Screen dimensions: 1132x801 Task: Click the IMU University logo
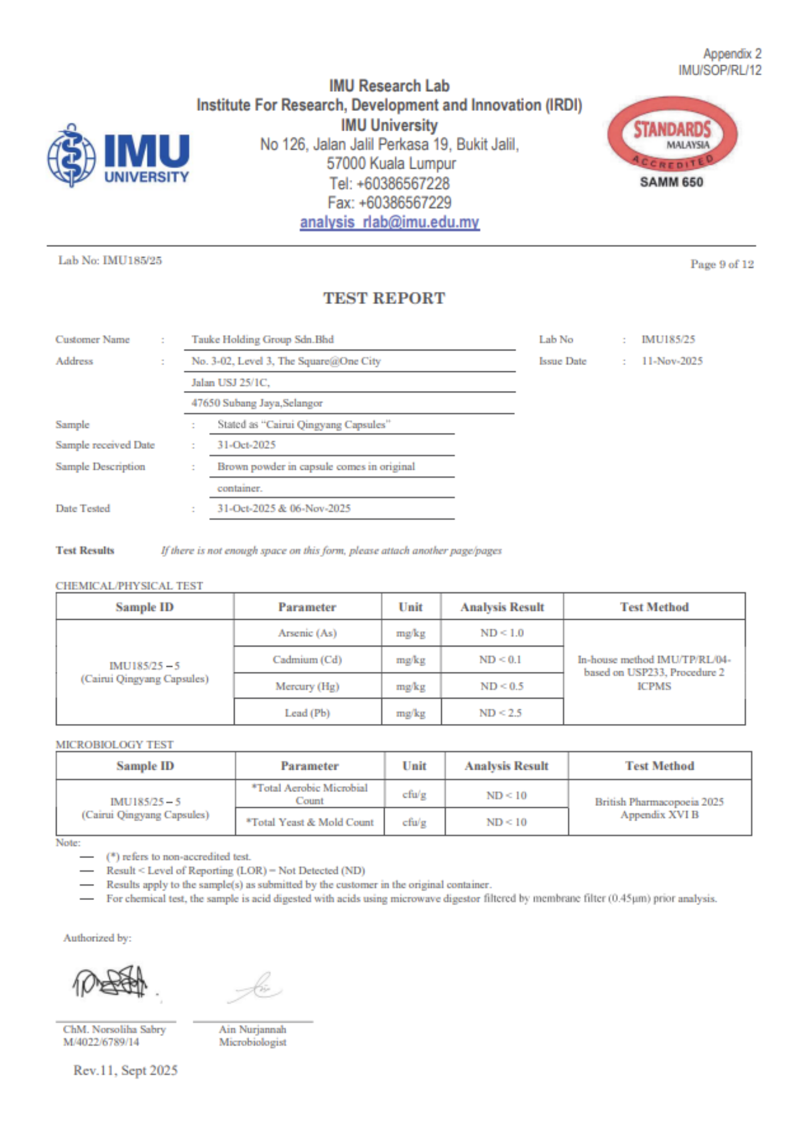[118, 155]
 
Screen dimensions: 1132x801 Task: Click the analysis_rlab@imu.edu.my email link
[390, 222]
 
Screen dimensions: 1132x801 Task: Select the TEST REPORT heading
[384, 298]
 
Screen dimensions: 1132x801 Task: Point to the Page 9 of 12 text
[722, 264]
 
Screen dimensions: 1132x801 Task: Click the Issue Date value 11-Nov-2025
[672, 361]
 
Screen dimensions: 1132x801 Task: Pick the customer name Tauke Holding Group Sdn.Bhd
[263, 340]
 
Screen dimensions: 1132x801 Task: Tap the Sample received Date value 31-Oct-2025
[246, 445]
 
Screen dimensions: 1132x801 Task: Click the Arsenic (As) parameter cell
[307, 633]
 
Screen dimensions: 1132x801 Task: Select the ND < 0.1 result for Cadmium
[501, 659]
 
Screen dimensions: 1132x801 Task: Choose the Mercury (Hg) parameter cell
[307, 686]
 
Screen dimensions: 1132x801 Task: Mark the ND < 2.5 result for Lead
[501, 713]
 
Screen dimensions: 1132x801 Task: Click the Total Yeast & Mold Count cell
[310, 822]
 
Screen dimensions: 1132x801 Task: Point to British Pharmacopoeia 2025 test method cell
[659, 808]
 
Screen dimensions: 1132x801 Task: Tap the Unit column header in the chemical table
[411, 607]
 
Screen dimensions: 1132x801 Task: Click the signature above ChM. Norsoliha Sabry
[110, 983]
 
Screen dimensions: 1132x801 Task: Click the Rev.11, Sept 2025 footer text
[126, 1070]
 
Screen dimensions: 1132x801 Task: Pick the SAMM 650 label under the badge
[671, 182]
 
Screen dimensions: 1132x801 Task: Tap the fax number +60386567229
[390, 203]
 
